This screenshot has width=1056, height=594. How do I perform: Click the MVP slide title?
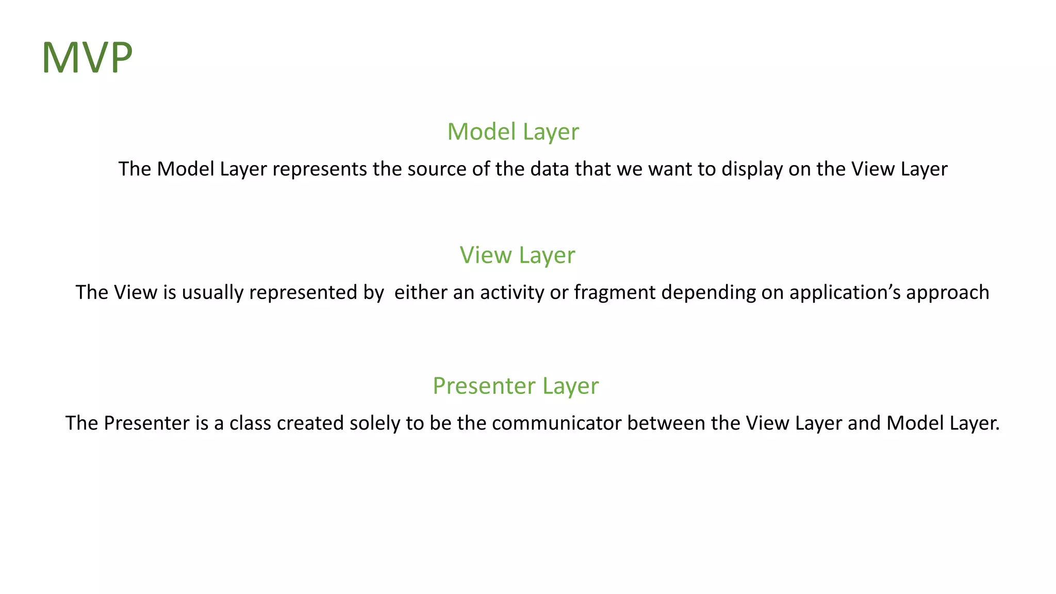click(87, 58)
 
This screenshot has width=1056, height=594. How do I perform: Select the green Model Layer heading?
click(513, 131)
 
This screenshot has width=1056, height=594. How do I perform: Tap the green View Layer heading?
click(517, 255)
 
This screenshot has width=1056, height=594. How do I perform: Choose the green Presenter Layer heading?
click(516, 386)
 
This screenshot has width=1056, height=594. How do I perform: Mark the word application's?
click(845, 292)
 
